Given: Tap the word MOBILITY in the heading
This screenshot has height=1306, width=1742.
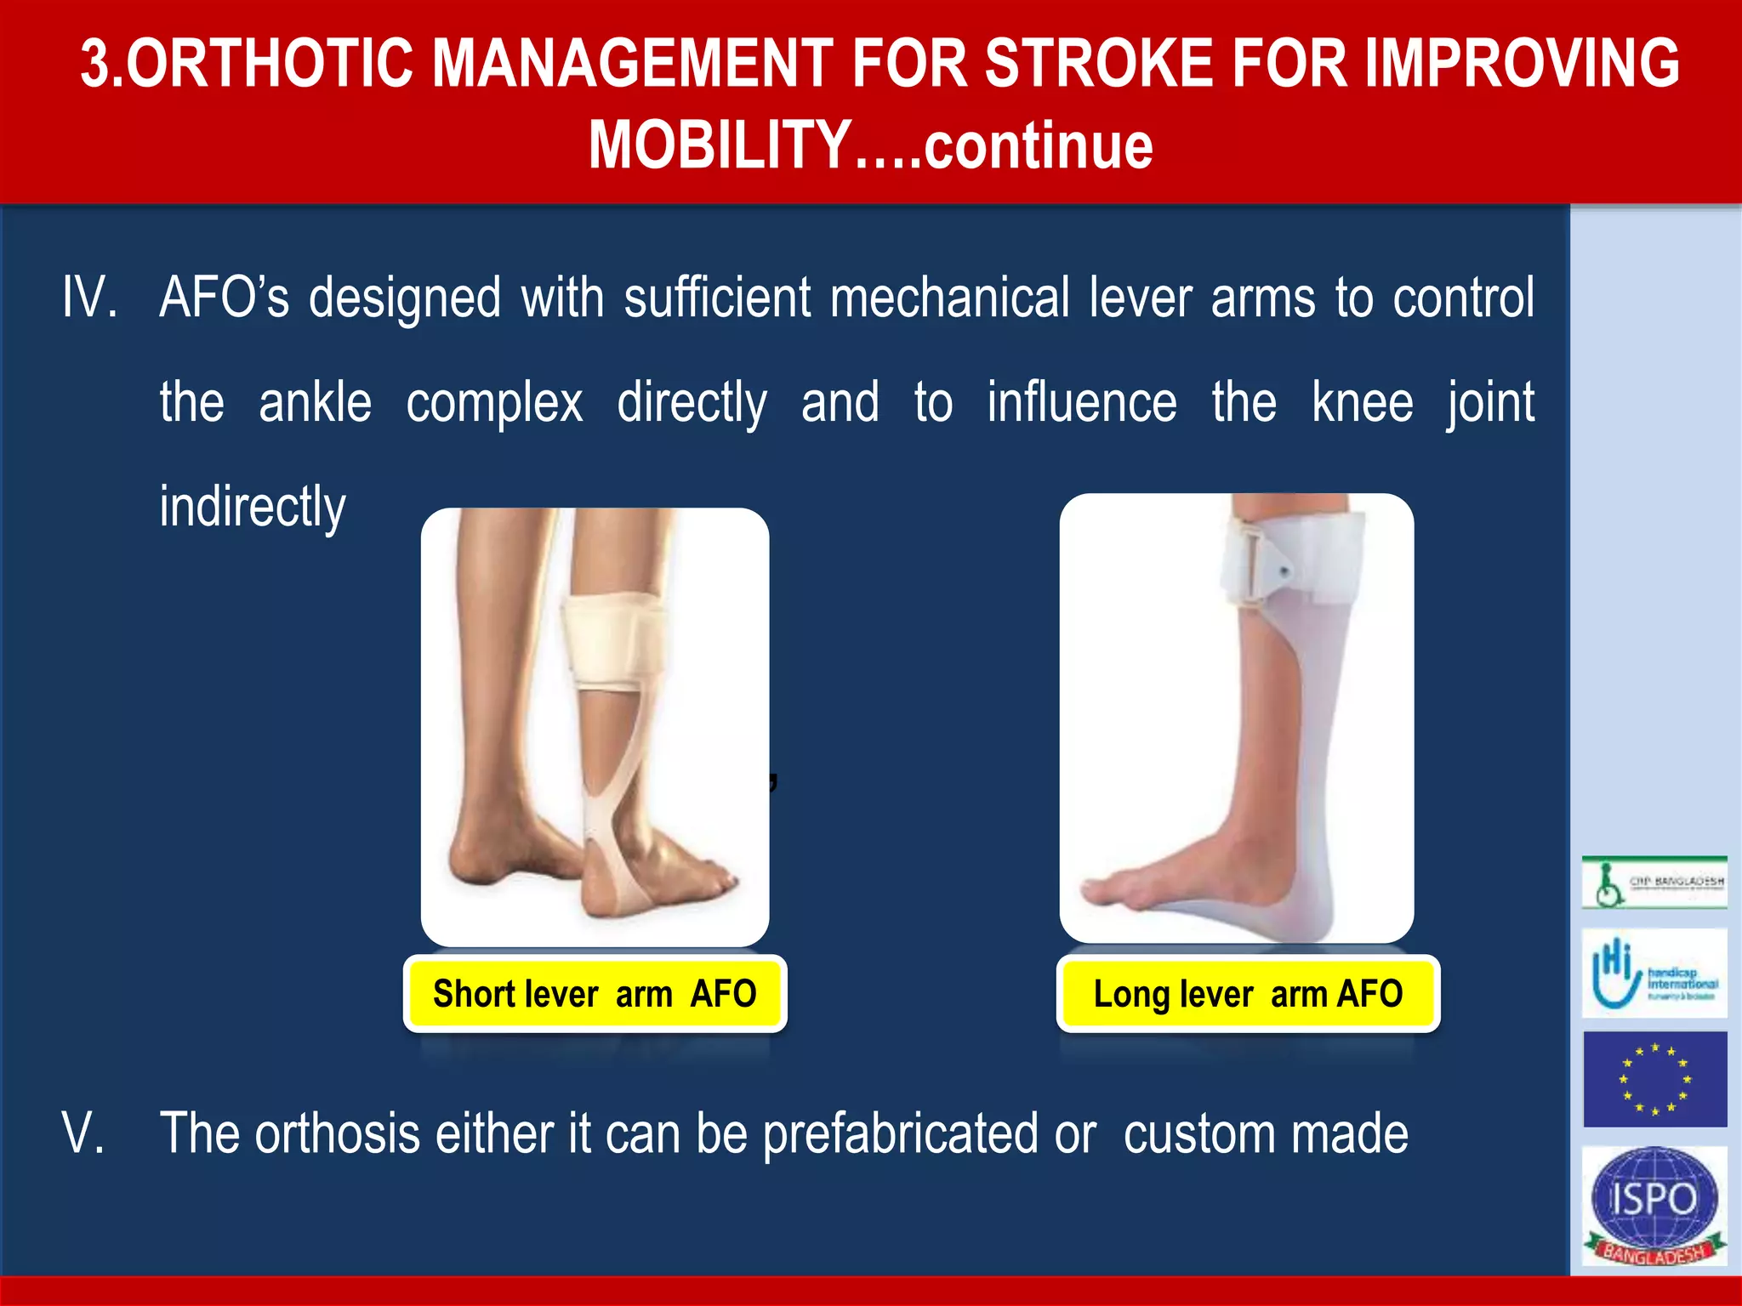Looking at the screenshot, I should pyautogui.click(x=719, y=145).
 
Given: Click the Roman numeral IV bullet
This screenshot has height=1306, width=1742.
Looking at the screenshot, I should pyautogui.click(x=88, y=298).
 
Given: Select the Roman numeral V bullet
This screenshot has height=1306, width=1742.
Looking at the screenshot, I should pyautogui.click(x=83, y=1133).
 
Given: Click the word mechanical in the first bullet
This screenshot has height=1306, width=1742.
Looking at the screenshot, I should pyautogui.click(x=949, y=298).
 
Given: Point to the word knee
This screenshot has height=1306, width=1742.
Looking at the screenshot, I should pyautogui.click(x=1362, y=402).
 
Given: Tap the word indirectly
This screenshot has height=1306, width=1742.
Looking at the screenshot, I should pyautogui.click(x=253, y=507).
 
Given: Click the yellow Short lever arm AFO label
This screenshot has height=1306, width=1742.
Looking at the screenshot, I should pyautogui.click(x=595, y=994).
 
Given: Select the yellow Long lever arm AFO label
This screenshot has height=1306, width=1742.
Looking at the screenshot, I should pyautogui.click(x=1248, y=994).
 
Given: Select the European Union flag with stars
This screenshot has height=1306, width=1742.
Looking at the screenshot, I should pyautogui.click(x=1654, y=1079).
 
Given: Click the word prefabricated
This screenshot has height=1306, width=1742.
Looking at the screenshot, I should pyautogui.click(x=899, y=1133).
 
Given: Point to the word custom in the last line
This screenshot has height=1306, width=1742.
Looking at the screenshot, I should pyautogui.click(x=1197, y=1133).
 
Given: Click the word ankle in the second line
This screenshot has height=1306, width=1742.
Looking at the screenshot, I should pyautogui.click(x=315, y=402).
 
